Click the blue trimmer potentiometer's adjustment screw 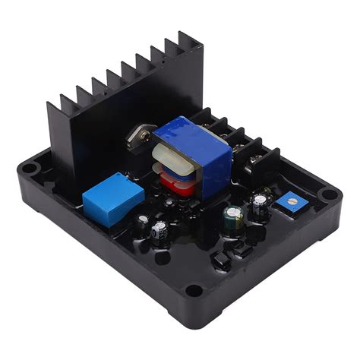289,199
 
